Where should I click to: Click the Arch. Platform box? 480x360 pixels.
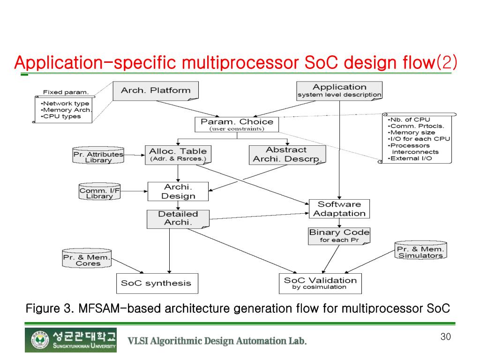click(156, 90)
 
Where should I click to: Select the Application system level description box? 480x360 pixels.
click(339, 90)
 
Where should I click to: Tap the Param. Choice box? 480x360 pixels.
click(237, 124)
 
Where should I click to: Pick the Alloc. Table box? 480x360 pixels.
click(178, 154)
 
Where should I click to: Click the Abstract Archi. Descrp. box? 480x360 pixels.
click(286, 154)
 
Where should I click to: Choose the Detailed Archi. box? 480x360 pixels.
click(178, 218)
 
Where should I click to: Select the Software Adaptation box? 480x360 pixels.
click(339, 209)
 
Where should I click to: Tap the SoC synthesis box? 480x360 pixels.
click(156, 283)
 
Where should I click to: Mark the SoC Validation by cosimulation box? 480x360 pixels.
click(320, 283)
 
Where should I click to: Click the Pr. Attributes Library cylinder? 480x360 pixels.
click(98, 156)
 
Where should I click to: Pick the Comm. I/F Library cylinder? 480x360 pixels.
click(99, 193)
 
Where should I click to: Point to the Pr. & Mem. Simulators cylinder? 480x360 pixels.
click(420, 252)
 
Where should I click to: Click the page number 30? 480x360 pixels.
click(445, 337)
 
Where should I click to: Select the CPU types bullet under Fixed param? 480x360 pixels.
click(62, 116)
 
